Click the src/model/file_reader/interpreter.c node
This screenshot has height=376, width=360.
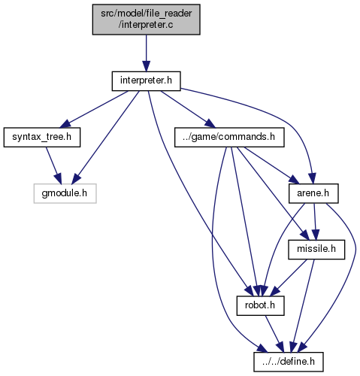click(147, 20)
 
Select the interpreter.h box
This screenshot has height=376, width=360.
click(146, 81)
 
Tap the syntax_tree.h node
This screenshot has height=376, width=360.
click(42, 138)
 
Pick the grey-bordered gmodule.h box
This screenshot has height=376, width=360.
click(65, 193)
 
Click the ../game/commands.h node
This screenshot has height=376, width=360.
click(229, 138)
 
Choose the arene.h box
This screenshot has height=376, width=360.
click(313, 193)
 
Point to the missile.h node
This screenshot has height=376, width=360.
click(316, 250)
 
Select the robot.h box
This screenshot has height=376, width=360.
click(260, 306)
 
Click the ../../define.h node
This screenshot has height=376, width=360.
click(289, 362)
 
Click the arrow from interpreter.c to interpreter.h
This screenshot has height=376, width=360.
click(147, 53)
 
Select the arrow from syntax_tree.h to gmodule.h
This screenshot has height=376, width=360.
click(53, 165)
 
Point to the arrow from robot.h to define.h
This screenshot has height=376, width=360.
click(274, 334)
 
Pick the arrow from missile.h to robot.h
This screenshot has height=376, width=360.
click(288, 277)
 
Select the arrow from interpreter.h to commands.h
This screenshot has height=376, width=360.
click(188, 109)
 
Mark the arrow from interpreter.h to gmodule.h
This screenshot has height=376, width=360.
click(106, 137)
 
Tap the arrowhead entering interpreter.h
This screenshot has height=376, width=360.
click(147, 66)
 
